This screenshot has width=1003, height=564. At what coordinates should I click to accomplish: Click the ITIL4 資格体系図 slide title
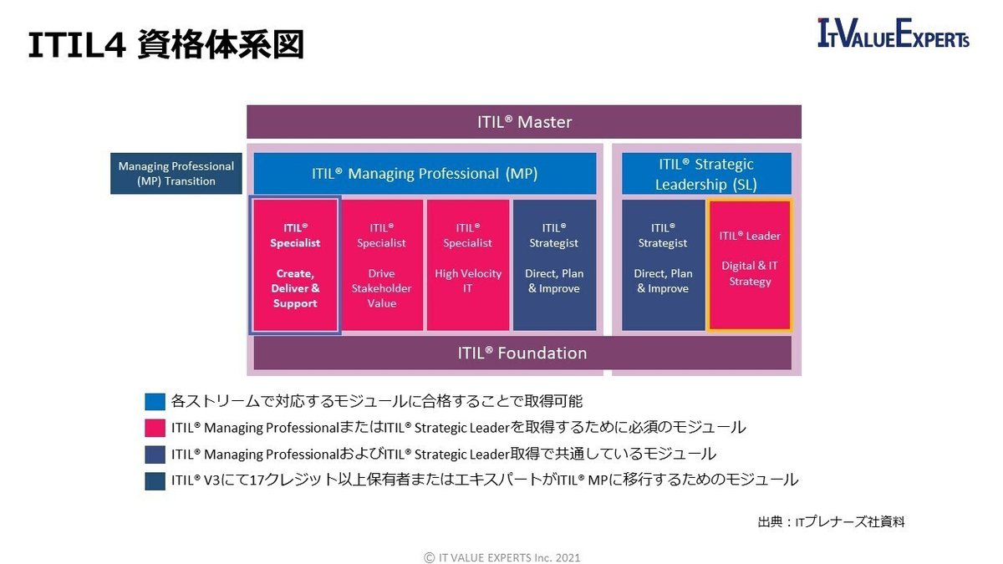(x=165, y=46)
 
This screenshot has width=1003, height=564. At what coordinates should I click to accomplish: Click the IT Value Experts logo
(x=894, y=35)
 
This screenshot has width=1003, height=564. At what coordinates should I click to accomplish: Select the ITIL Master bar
(x=523, y=122)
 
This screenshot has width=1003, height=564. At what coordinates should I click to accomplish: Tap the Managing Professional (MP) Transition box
(x=176, y=174)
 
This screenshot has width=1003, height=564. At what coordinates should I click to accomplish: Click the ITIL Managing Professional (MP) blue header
(x=425, y=174)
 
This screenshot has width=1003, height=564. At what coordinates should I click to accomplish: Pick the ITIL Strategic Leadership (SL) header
(x=705, y=174)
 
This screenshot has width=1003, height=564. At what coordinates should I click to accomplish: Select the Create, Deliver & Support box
(x=295, y=265)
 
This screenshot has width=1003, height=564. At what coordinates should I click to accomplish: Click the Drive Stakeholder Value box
(x=381, y=265)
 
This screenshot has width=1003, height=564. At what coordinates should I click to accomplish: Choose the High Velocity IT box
(x=467, y=265)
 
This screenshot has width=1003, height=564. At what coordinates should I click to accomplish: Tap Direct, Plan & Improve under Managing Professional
(x=554, y=265)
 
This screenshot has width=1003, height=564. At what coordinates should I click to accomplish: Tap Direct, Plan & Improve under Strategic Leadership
(x=663, y=265)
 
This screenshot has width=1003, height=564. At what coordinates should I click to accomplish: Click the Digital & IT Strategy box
(x=750, y=265)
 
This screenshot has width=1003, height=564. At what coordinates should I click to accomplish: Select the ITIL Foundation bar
(x=522, y=353)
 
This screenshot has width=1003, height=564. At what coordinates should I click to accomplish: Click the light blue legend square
(x=155, y=402)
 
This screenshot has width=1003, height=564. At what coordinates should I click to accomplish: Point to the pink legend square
(x=155, y=428)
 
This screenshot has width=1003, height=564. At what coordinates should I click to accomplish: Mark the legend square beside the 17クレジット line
(x=155, y=480)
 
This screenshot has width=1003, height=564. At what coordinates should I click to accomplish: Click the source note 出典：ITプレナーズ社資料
(x=831, y=522)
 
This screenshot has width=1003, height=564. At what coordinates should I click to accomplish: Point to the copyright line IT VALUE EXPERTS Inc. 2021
(x=501, y=556)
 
